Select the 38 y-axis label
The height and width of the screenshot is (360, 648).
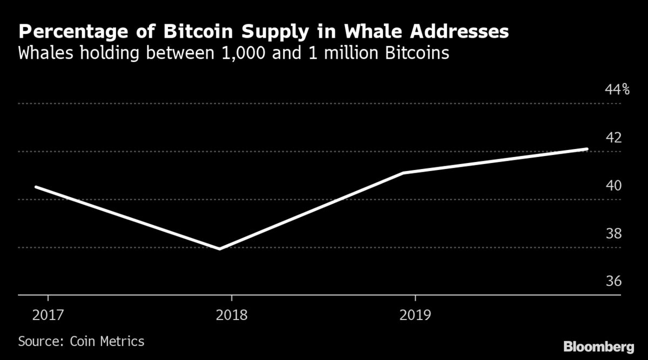click(614, 234)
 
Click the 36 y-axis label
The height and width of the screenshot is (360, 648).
click(614, 282)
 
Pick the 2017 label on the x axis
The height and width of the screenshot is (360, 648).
click(48, 315)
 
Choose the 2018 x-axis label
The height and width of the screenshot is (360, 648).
click(231, 315)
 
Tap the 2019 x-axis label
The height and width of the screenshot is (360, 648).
click(415, 315)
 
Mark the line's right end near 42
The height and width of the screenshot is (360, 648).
click(586, 149)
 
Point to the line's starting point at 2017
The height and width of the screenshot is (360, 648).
click(36, 187)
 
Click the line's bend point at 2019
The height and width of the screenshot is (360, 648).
click(403, 173)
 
